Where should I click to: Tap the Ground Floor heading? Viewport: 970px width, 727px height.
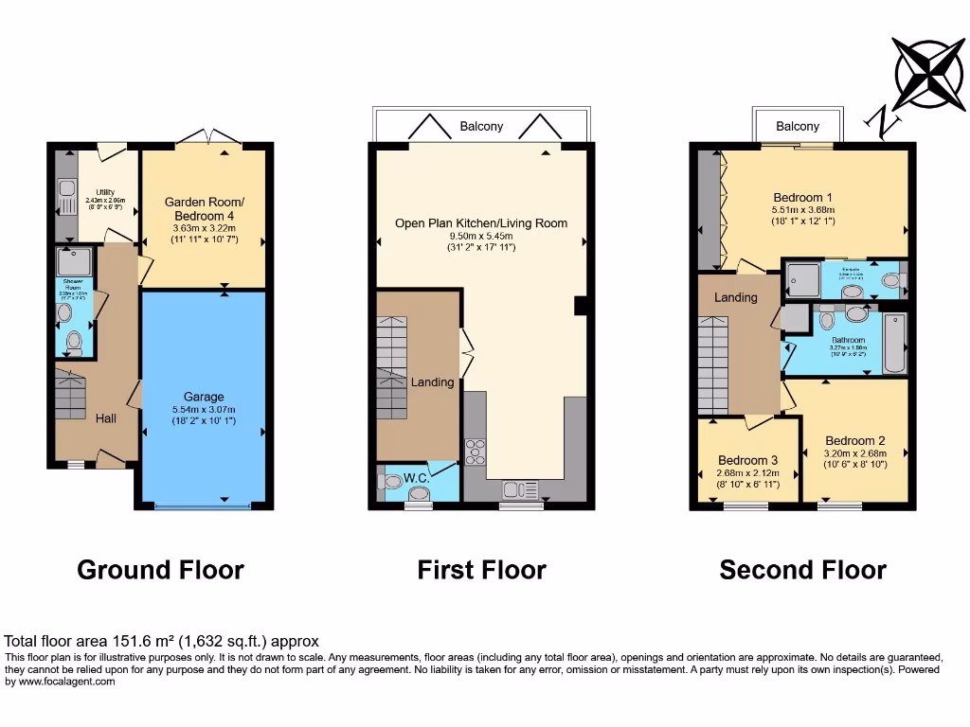(160, 570)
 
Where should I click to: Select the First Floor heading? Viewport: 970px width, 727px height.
(481, 570)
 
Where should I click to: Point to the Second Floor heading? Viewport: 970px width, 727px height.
(802, 570)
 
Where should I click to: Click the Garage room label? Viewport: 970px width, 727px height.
(204, 397)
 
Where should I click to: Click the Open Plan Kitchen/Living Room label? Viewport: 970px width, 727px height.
(481, 223)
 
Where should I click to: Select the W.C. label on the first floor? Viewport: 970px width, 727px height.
(417, 479)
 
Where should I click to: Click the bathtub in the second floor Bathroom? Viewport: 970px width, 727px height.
(894, 343)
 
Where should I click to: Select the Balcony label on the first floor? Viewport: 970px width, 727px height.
(481, 126)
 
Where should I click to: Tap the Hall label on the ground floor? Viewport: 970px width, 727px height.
(105, 417)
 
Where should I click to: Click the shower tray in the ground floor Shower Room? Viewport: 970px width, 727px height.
(73, 262)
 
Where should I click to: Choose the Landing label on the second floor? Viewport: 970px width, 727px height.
(735, 297)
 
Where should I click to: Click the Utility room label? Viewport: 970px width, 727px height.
(105, 192)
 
